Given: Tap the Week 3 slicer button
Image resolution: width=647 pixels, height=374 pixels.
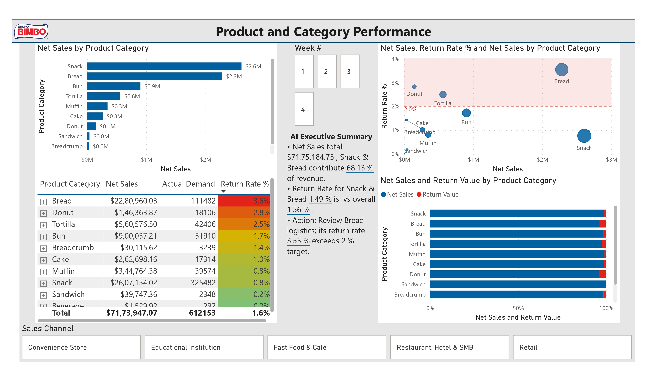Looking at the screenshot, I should tap(350, 71).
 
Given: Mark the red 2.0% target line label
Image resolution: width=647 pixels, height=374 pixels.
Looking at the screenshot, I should tap(410, 110).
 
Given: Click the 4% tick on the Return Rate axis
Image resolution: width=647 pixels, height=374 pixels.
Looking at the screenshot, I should tap(395, 59).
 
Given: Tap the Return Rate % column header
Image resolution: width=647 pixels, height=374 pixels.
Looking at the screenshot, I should tap(245, 184).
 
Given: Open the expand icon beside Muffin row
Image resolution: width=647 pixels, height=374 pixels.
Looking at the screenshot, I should tap(43, 272).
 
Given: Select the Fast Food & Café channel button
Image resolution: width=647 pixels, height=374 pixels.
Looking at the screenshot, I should tap(327, 347).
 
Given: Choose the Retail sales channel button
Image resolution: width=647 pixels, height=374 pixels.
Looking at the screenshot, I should tap(572, 347).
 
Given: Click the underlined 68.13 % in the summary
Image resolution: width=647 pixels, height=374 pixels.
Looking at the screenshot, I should tap(360, 168).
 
